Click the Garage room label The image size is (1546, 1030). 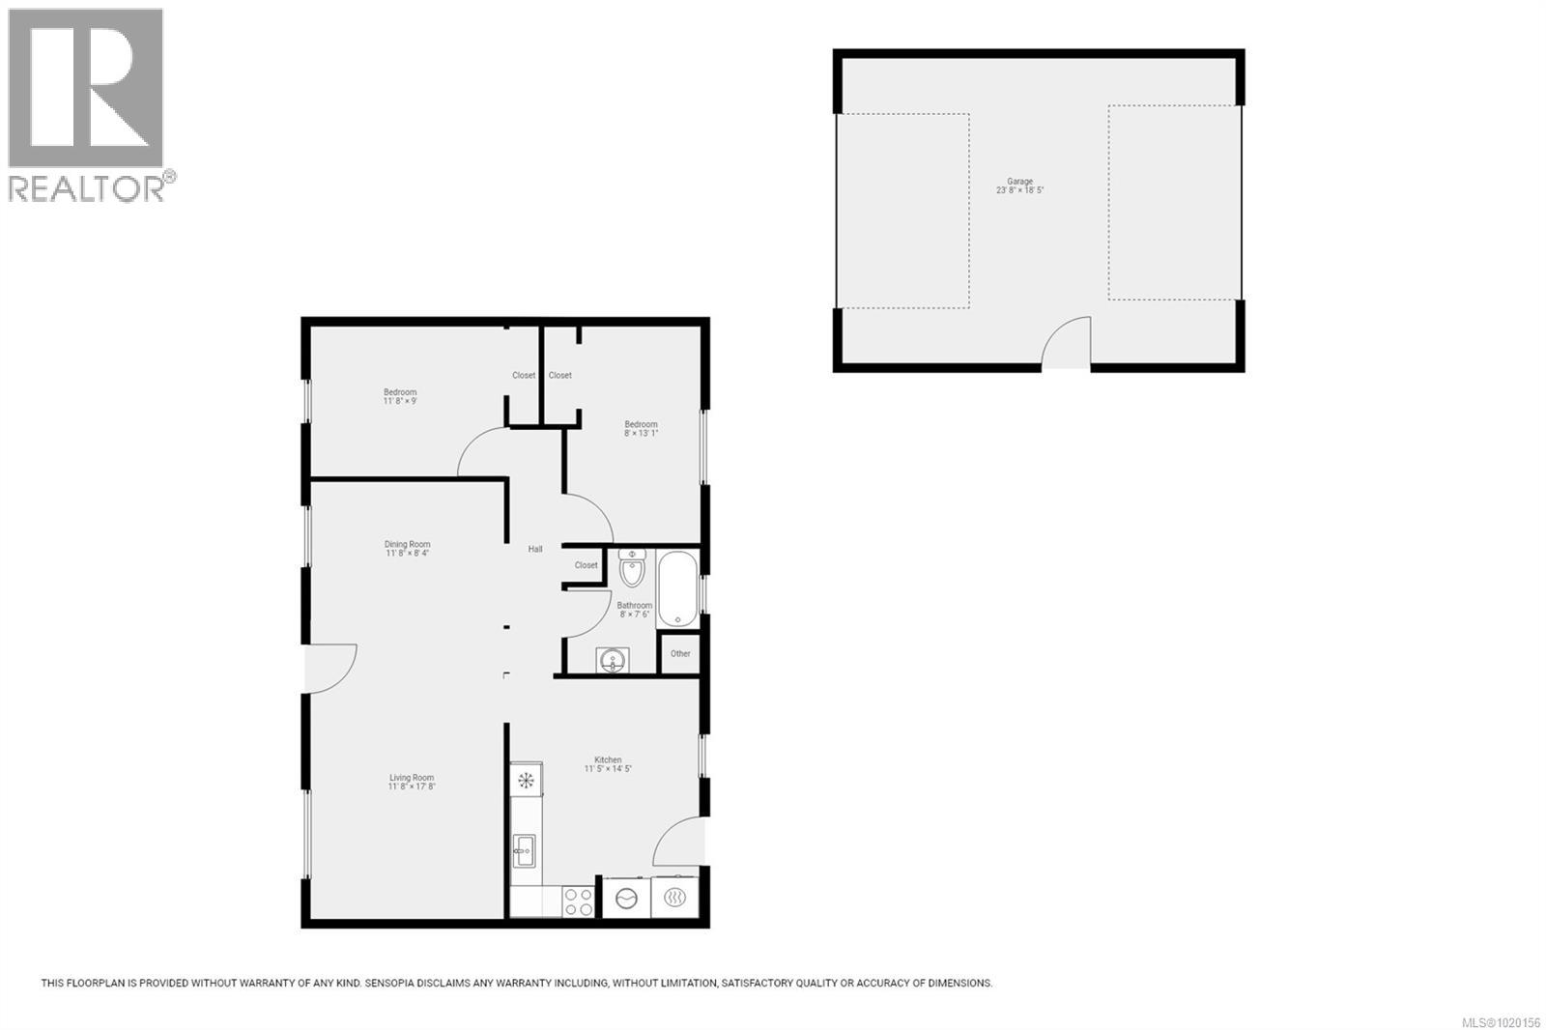pyautogui.click(x=1019, y=182)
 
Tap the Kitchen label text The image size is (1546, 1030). pyautogui.click(x=608, y=760)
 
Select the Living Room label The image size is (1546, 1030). pyautogui.click(x=412, y=778)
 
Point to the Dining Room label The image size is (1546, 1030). pyautogui.click(x=407, y=545)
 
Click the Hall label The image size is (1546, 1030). pyautogui.click(x=535, y=550)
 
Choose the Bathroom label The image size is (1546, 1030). pyautogui.click(x=634, y=606)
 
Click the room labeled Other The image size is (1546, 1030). pyautogui.click(x=680, y=654)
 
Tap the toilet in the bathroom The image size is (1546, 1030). pyautogui.click(x=632, y=569)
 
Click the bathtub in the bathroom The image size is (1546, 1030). pyautogui.click(x=677, y=589)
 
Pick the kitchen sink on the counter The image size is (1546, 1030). pyautogui.click(x=525, y=851)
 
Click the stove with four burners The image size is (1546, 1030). pyautogui.click(x=579, y=901)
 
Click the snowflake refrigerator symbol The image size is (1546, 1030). pyautogui.click(x=527, y=779)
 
